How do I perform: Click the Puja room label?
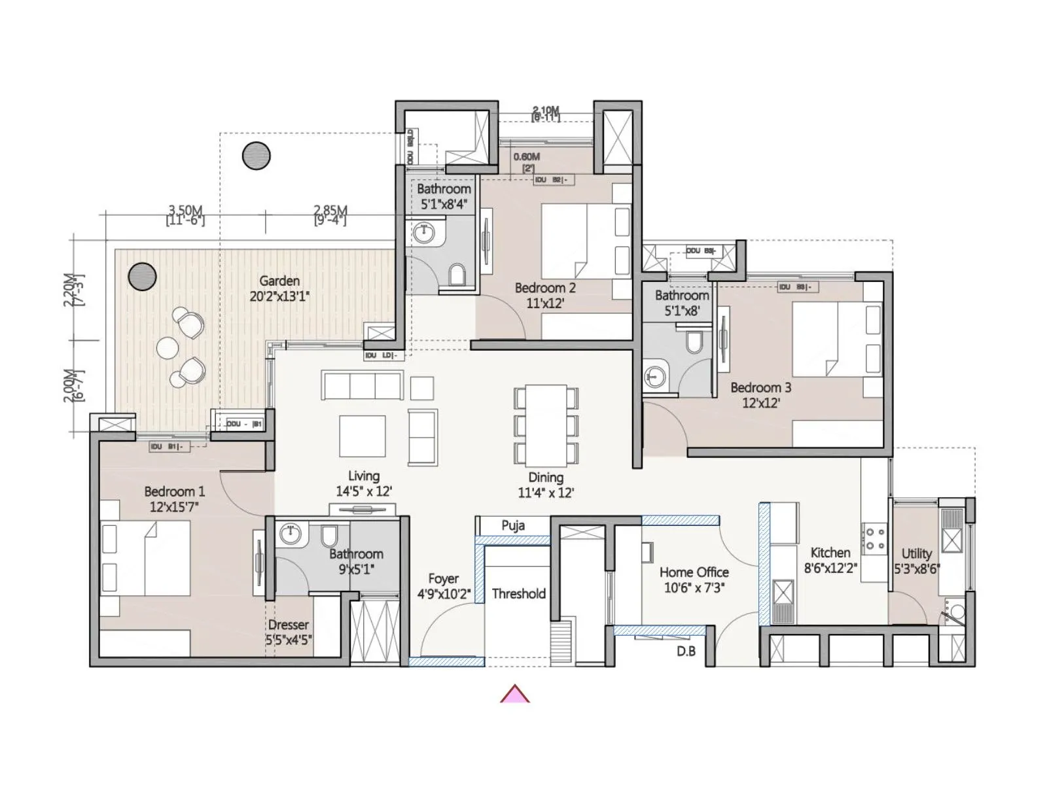(513, 525)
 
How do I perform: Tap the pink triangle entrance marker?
(515, 694)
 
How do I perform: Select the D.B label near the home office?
(686, 652)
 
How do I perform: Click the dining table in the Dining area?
(546, 425)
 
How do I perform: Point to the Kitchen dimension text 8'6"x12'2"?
(830, 568)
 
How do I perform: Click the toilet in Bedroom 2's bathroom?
(457, 275)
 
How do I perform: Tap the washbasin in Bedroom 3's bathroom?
(655, 376)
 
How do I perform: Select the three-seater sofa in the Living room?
(362, 385)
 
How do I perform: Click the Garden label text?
(279, 281)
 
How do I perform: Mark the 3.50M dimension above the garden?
(185, 211)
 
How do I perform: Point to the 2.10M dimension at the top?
(546, 111)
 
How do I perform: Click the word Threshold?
(518, 594)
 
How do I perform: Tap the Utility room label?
(916, 553)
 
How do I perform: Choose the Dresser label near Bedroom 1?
(288, 625)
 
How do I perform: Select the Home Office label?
(694, 572)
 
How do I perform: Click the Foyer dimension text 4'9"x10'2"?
(444, 595)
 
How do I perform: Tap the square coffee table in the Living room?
(362, 436)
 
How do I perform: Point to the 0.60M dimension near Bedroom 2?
(526, 157)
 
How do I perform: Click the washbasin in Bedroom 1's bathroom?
(289, 534)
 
